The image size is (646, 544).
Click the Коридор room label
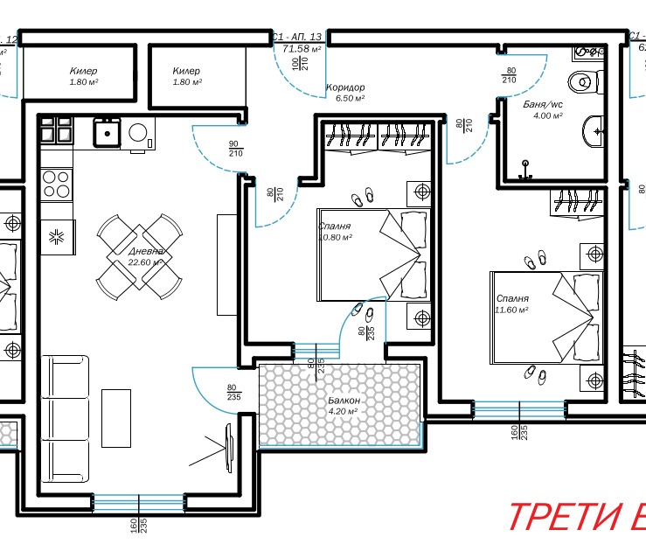point(344,87)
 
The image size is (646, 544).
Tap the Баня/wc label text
point(542,104)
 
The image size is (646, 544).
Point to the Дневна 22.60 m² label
point(145,256)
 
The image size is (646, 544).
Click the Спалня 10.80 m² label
point(335,231)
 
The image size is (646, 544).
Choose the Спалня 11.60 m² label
point(513,303)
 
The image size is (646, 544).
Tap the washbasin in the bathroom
point(591,132)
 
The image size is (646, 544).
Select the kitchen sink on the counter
point(108,133)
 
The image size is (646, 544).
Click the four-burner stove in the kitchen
point(57,185)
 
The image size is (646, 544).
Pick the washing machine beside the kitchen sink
point(139,133)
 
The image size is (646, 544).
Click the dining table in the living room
point(139,256)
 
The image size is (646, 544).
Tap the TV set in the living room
point(230,446)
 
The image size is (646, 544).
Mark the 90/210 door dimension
point(234,149)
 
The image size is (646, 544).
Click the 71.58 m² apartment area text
point(298,50)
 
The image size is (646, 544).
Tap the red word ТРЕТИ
point(564,518)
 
